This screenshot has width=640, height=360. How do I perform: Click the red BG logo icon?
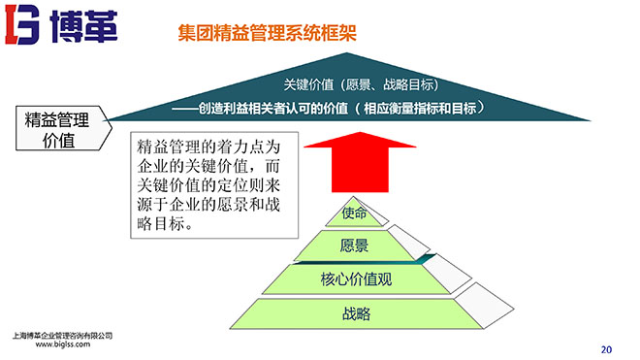pos(25,26)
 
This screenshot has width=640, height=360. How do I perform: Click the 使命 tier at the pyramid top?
pos(355,213)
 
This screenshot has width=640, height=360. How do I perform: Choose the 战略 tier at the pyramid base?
pos(356,313)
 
